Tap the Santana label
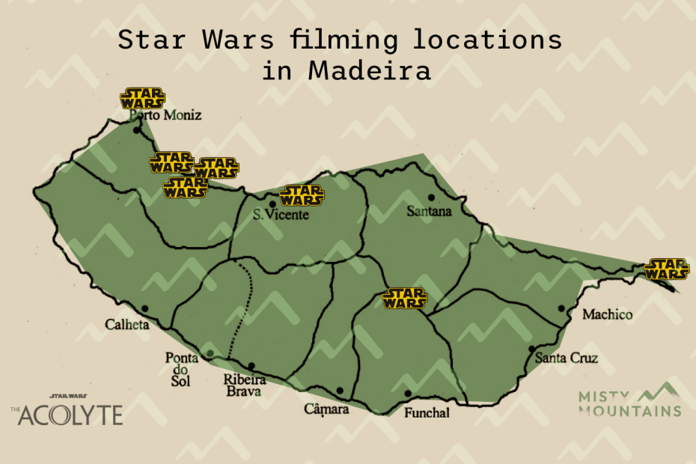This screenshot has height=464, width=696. click(429, 212)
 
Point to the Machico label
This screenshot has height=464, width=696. click(607, 315)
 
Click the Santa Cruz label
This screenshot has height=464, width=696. click(567, 358)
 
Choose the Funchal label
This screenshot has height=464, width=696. click(427, 412)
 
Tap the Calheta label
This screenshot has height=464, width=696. click(128, 326)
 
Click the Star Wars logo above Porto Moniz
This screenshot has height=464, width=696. click(142, 99)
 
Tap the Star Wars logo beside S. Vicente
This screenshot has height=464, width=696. click(302, 196)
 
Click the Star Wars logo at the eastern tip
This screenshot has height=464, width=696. click(667, 269)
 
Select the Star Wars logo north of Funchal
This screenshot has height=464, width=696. click(405, 299)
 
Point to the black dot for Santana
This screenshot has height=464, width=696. click(431, 198)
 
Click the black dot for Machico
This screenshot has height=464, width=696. click(561, 308)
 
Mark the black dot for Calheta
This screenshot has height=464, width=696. click(144, 308)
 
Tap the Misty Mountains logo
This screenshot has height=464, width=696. click(629, 400)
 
